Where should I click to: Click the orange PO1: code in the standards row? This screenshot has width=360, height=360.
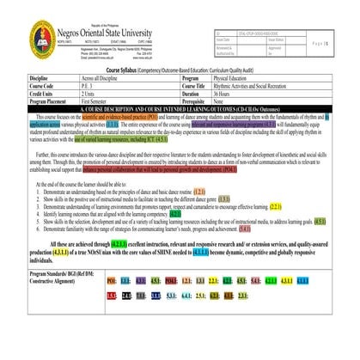[x=112, y=281]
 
